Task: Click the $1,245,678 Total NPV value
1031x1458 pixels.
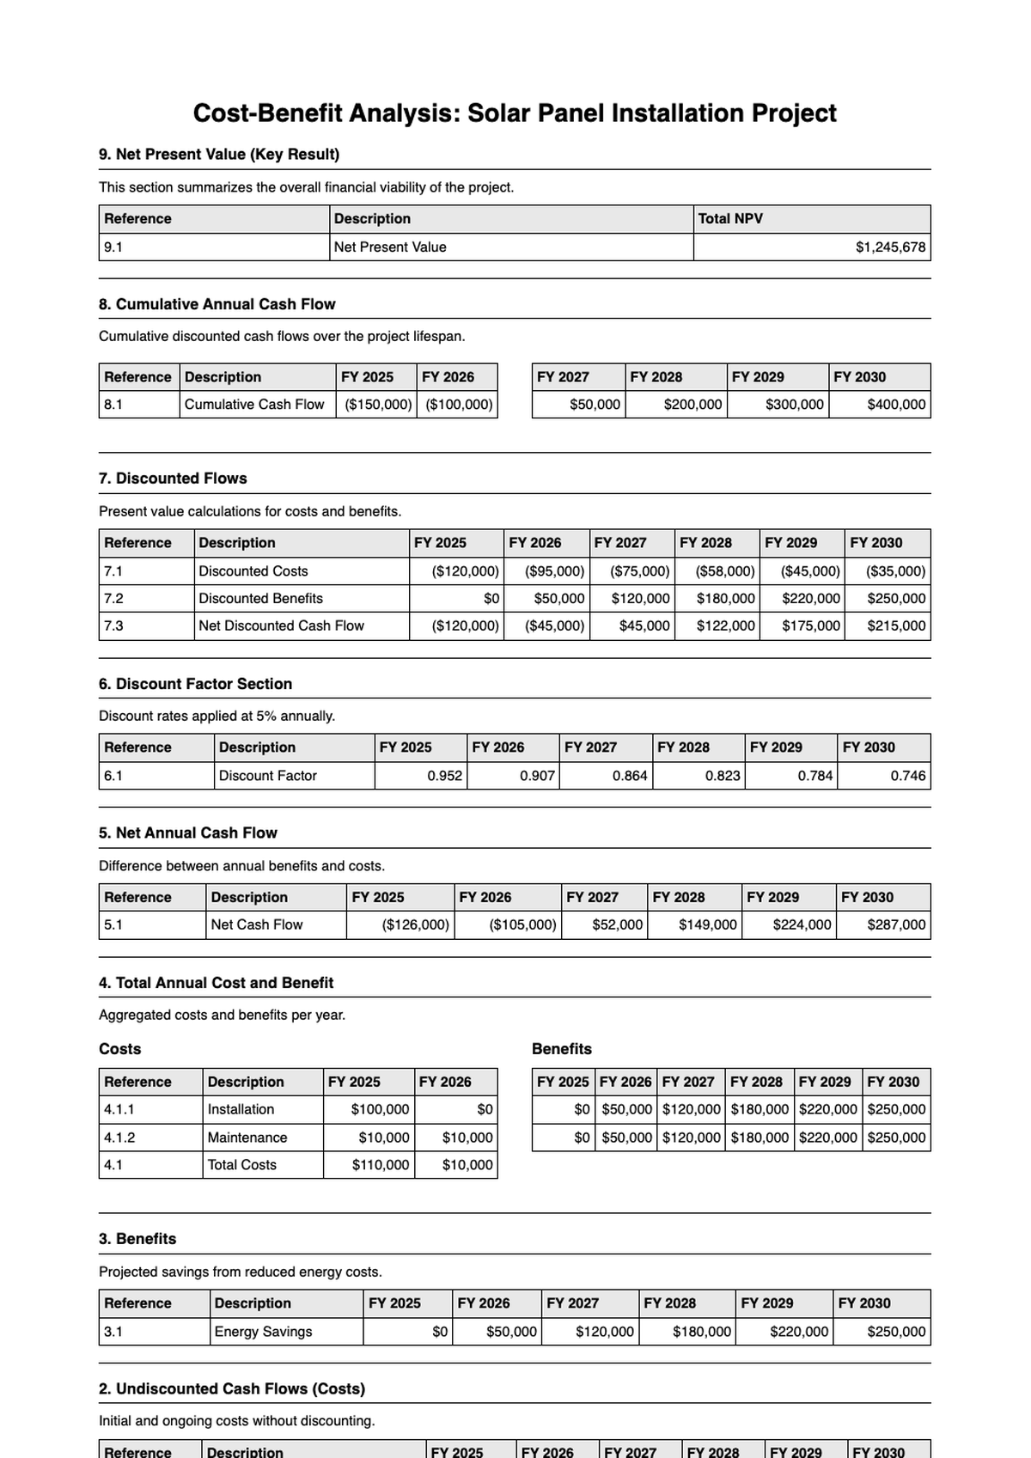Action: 890,247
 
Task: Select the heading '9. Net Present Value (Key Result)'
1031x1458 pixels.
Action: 219,155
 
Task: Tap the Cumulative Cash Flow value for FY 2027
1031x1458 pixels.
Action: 595,405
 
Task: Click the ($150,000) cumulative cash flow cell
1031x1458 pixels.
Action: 378,405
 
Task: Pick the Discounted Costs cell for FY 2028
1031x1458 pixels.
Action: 725,571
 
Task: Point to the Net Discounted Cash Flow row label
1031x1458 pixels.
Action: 281,626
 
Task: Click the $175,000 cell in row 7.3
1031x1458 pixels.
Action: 810,626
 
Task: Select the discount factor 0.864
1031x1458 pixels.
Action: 629,776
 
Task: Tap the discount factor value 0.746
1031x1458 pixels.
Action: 907,776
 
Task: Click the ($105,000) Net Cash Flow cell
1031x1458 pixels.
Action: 522,925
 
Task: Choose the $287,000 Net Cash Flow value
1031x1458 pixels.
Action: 896,925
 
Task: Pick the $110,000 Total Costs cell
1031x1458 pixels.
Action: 380,1165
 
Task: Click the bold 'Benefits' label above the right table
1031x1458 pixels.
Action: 561,1049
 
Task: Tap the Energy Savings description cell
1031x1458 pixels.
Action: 263,1332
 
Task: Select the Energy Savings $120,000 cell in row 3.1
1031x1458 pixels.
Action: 604,1332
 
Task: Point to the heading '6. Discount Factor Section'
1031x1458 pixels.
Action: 195,684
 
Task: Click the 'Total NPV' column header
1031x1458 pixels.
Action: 729,219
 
